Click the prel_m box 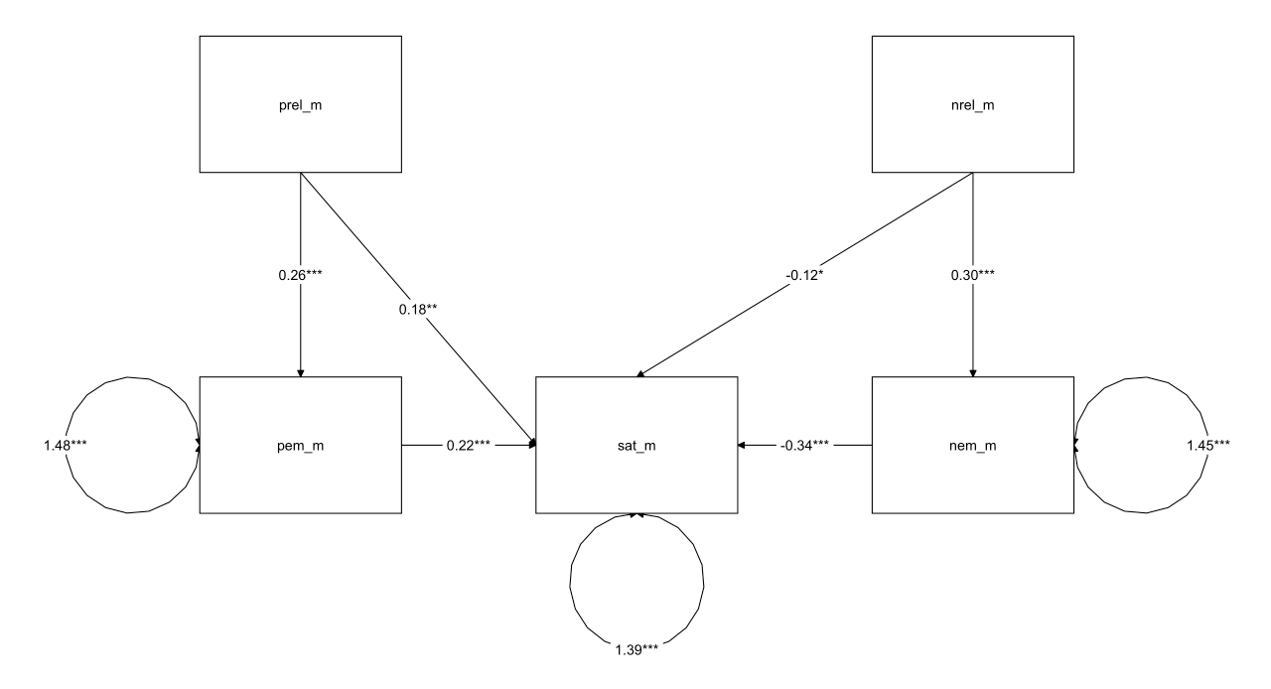click(x=300, y=104)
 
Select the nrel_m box click(x=972, y=104)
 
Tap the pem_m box click(x=300, y=445)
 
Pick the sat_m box click(x=636, y=445)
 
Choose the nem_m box click(x=972, y=445)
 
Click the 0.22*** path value click(x=469, y=446)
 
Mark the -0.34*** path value click(x=804, y=446)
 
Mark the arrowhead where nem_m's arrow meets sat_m click(x=742, y=446)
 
